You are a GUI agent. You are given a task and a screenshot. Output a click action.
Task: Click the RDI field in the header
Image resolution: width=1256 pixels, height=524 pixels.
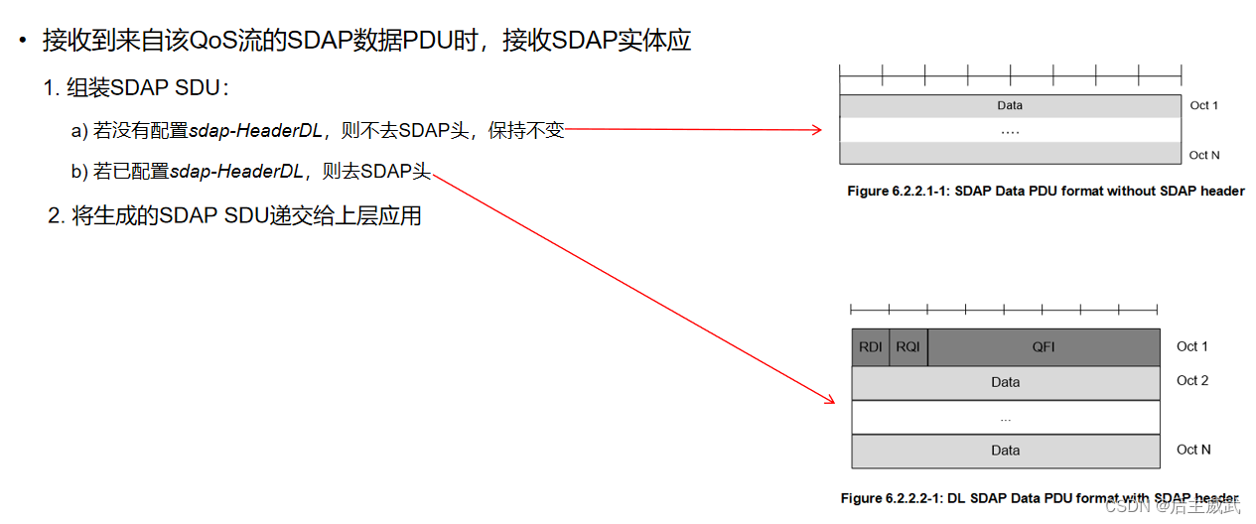[x=871, y=347]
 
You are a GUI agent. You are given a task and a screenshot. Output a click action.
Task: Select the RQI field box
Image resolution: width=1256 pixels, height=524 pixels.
[x=908, y=347]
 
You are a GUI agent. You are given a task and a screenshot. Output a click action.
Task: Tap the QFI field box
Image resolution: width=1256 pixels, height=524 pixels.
[x=1044, y=347]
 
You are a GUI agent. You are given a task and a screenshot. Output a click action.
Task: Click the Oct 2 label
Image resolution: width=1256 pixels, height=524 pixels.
[x=1192, y=380]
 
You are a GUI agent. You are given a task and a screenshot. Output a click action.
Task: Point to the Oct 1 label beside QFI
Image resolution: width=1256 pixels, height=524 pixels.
[x=1192, y=346]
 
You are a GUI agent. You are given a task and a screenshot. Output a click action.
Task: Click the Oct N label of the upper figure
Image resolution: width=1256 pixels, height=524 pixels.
[x=1204, y=155]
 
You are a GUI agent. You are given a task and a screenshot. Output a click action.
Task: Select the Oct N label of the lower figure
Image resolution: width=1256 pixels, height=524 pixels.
[x=1193, y=450]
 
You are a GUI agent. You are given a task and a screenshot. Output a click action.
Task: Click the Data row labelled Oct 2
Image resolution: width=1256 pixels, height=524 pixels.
[x=1006, y=382]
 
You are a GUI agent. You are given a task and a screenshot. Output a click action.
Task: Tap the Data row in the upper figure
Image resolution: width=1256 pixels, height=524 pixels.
[x=1010, y=105]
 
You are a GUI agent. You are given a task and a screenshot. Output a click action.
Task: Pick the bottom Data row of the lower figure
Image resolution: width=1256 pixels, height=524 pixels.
[x=1006, y=451]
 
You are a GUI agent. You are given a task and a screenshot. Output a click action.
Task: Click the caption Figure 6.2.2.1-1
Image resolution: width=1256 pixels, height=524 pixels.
[x=1046, y=191]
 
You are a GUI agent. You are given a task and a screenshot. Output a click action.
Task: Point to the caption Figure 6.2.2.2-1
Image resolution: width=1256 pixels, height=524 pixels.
[x=1040, y=498]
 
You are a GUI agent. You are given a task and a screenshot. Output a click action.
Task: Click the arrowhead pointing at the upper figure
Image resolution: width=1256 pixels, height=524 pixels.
[x=816, y=130]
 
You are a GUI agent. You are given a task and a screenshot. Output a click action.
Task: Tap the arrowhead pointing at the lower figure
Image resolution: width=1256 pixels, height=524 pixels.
[x=829, y=399]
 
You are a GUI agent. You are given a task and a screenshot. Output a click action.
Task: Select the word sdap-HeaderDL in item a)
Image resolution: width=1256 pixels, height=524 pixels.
[x=255, y=131]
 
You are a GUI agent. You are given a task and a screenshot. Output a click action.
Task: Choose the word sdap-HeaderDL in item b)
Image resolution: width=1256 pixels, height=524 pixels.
[x=236, y=172]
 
